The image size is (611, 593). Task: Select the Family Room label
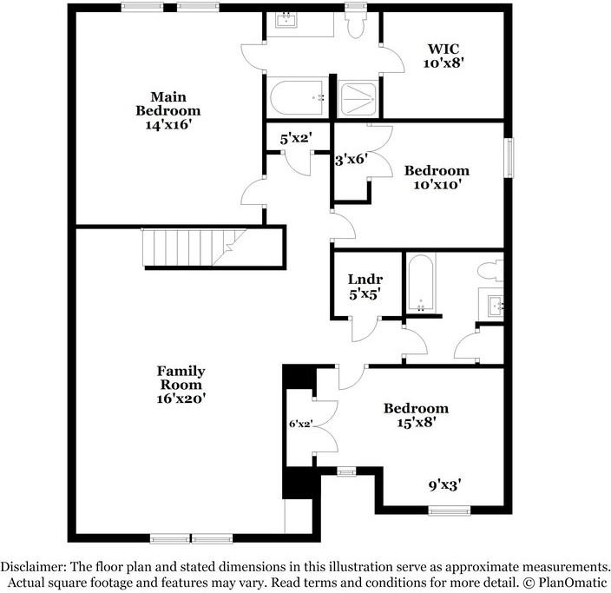point(181,378)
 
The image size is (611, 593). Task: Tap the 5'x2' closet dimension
point(296,137)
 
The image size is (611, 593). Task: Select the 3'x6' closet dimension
point(352,159)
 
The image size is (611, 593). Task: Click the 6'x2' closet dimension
point(300,425)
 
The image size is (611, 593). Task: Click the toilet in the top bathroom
point(355,25)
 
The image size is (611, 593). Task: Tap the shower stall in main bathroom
point(358,99)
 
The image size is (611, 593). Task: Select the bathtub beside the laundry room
point(422,283)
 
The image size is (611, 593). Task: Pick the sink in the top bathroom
point(286,21)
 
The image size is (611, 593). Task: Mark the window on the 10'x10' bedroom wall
point(509,157)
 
